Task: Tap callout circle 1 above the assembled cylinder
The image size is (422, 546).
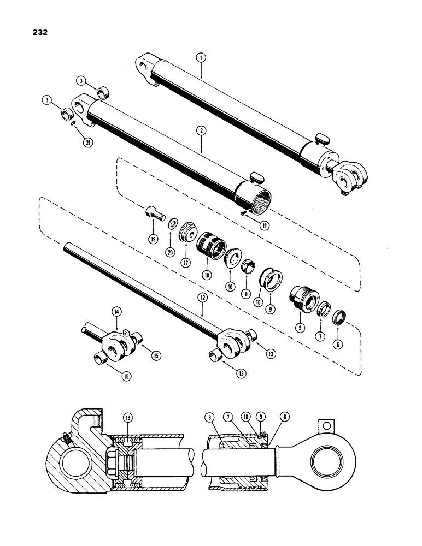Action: (201, 56)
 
